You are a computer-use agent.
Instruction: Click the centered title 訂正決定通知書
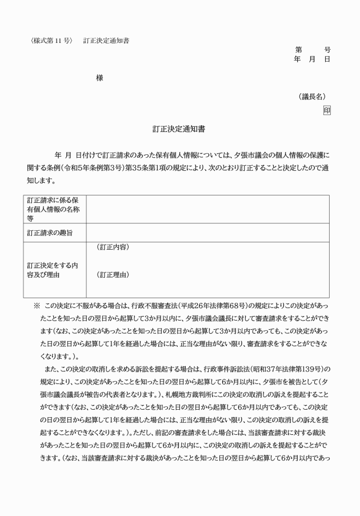(x=179, y=129)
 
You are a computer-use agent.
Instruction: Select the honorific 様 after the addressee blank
(x=99, y=77)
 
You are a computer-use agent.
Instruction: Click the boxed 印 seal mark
(x=326, y=110)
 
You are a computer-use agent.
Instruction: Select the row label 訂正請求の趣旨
(x=49, y=233)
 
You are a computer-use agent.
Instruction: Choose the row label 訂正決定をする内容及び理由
(x=52, y=270)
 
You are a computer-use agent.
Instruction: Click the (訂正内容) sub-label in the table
(x=113, y=247)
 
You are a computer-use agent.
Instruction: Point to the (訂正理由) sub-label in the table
(x=113, y=275)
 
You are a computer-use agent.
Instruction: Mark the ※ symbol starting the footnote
(x=37, y=306)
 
